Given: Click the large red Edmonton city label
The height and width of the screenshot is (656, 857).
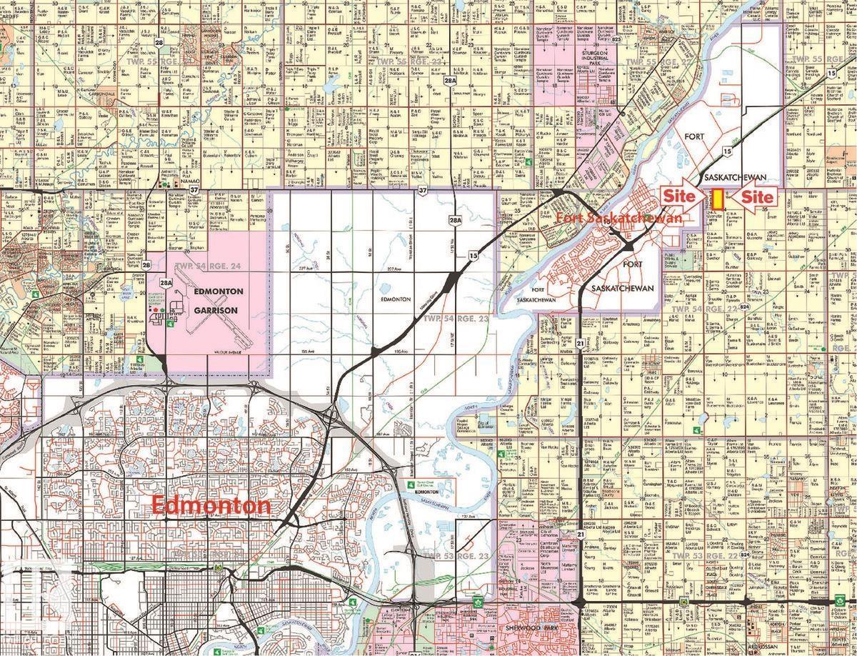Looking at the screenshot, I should coord(212,506).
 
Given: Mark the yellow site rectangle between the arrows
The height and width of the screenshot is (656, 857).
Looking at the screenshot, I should coord(716,199).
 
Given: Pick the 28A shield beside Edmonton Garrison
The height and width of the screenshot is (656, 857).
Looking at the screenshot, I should coord(166,284).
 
